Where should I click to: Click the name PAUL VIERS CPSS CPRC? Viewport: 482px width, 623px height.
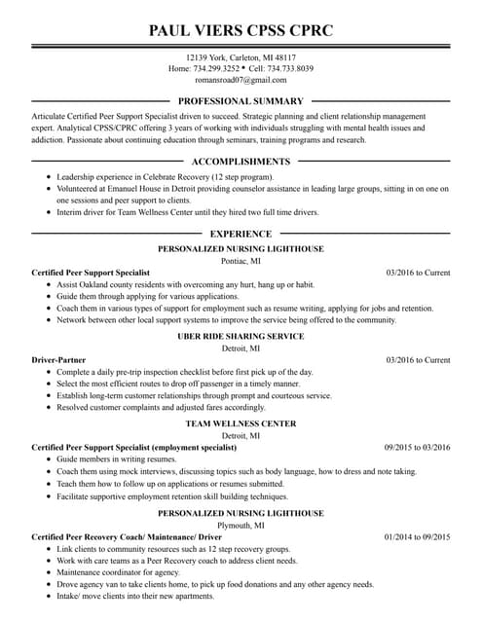pos(241,30)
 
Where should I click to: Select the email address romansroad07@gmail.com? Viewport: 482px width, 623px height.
pos(241,81)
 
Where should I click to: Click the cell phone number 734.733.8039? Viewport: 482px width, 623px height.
pos(291,69)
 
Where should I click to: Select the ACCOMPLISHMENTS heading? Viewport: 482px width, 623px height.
pos(241,162)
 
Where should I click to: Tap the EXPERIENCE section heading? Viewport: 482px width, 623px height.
pos(241,234)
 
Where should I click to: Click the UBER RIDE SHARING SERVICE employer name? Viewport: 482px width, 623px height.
pos(241,336)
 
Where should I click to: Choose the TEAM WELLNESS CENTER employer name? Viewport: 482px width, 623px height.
pos(241,424)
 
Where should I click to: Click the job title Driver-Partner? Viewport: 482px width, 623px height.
pos(58,360)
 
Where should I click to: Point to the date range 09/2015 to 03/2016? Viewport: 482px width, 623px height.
pos(417,448)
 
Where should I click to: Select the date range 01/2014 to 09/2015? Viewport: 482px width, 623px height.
pos(417,536)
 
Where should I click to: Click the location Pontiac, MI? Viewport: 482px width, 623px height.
pos(241,261)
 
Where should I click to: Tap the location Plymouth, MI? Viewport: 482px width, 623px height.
pos(241,525)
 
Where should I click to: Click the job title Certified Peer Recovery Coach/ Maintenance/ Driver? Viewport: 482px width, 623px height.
pos(127,536)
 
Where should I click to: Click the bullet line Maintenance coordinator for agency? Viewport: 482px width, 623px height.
pos(118,572)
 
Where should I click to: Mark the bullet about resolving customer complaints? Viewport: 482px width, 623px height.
pos(161,408)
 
